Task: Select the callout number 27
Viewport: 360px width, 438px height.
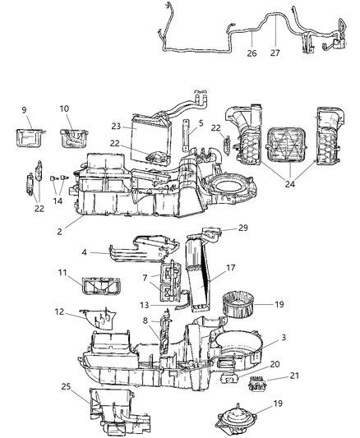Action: point(275,54)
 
